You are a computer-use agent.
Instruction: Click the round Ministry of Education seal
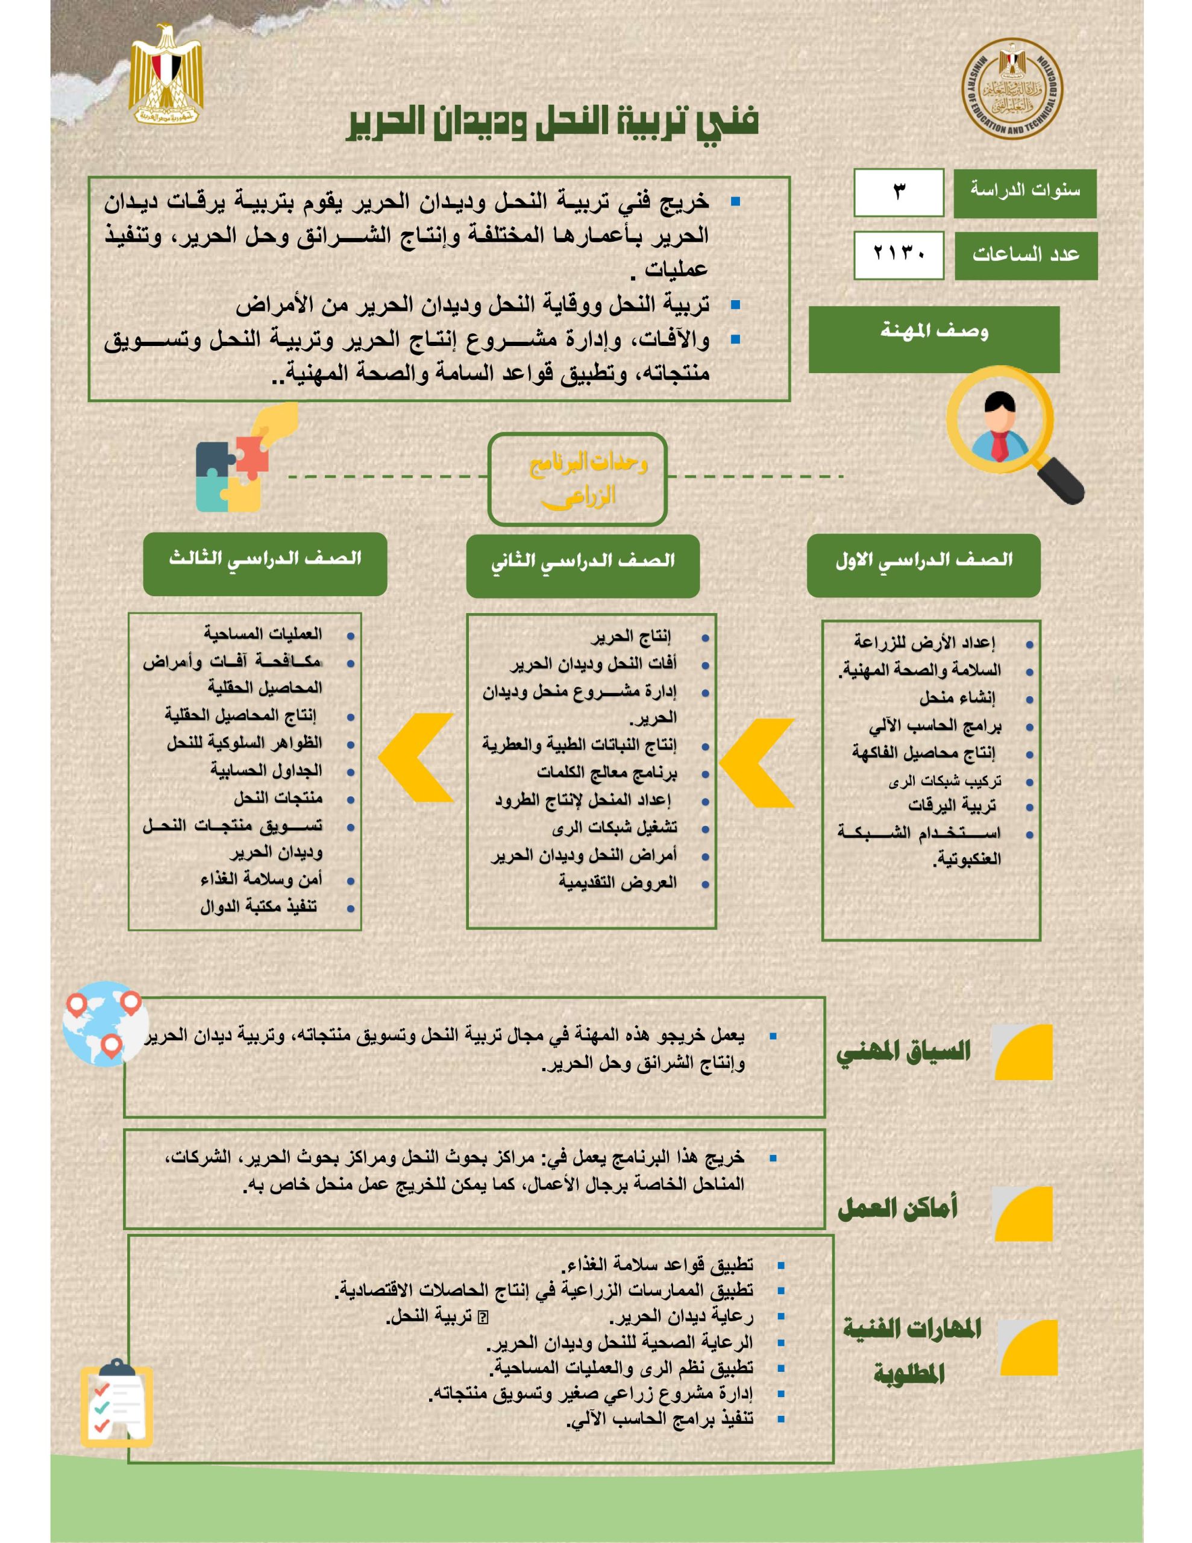1012,90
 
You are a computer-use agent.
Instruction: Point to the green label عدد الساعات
1025,255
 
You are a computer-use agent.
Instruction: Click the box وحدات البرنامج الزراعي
577,479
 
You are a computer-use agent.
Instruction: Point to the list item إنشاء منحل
958,698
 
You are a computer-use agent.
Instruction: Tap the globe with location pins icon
105,1023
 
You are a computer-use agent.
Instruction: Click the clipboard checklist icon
116,1403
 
